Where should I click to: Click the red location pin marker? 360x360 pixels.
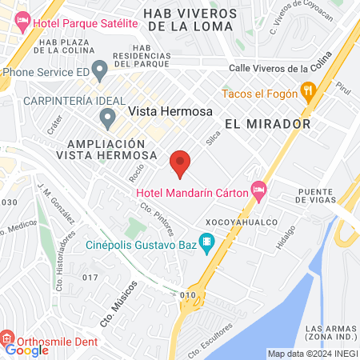(180, 163)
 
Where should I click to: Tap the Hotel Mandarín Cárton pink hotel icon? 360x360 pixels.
(258, 190)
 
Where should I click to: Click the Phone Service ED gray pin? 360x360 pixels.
(99, 70)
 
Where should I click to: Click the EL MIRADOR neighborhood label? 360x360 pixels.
(267, 125)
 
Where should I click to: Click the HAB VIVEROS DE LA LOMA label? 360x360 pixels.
(190, 20)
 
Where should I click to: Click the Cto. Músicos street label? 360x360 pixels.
(119, 302)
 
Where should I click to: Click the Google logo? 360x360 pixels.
(26, 350)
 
